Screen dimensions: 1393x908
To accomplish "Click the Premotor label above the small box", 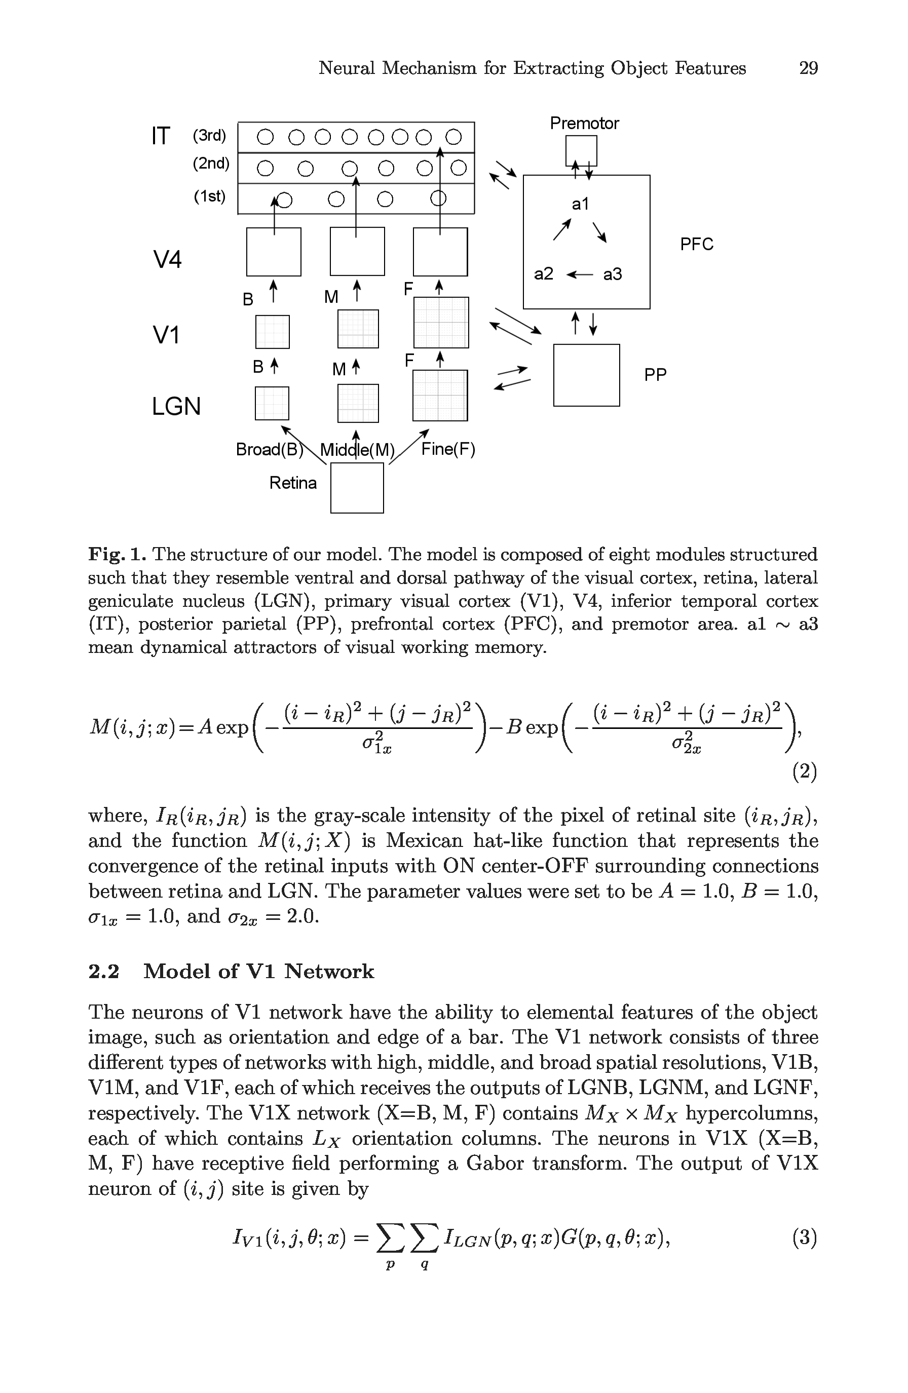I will click(x=584, y=124).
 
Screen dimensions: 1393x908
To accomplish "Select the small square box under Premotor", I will click(x=581, y=150).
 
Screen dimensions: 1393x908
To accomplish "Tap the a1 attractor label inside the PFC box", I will click(x=580, y=204).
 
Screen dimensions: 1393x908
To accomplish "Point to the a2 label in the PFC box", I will click(x=543, y=274).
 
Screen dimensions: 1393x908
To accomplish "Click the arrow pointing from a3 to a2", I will click(x=580, y=275).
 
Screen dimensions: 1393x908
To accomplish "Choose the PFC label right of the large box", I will click(x=696, y=244).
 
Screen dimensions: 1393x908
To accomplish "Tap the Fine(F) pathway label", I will click(x=448, y=449).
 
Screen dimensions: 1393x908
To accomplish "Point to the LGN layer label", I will click(x=176, y=406).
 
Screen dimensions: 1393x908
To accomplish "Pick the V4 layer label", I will click(x=167, y=259).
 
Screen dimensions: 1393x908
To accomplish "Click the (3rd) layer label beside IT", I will click(x=209, y=136).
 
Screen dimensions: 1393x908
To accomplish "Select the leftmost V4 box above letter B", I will click(x=274, y=252).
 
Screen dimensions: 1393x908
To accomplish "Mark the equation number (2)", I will click(x=804, y=772).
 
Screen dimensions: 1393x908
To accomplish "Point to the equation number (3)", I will click(x=804, y=1237).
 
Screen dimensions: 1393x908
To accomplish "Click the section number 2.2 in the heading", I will click(x=104, y=972).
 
